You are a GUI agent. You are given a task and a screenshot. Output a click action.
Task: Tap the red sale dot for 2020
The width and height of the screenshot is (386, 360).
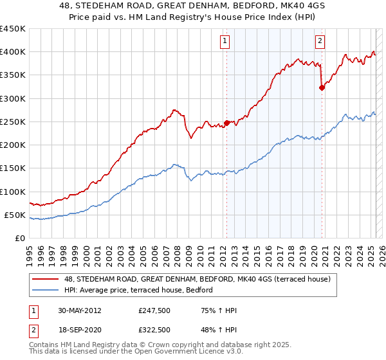[x=322, y=88]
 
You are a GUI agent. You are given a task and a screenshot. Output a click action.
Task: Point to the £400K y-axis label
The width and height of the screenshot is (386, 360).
[x=13, y=52]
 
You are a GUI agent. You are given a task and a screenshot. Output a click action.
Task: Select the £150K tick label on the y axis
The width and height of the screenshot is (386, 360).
[x=13, y=168]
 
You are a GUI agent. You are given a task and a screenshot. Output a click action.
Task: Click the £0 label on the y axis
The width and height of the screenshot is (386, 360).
[x=19, y=239]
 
